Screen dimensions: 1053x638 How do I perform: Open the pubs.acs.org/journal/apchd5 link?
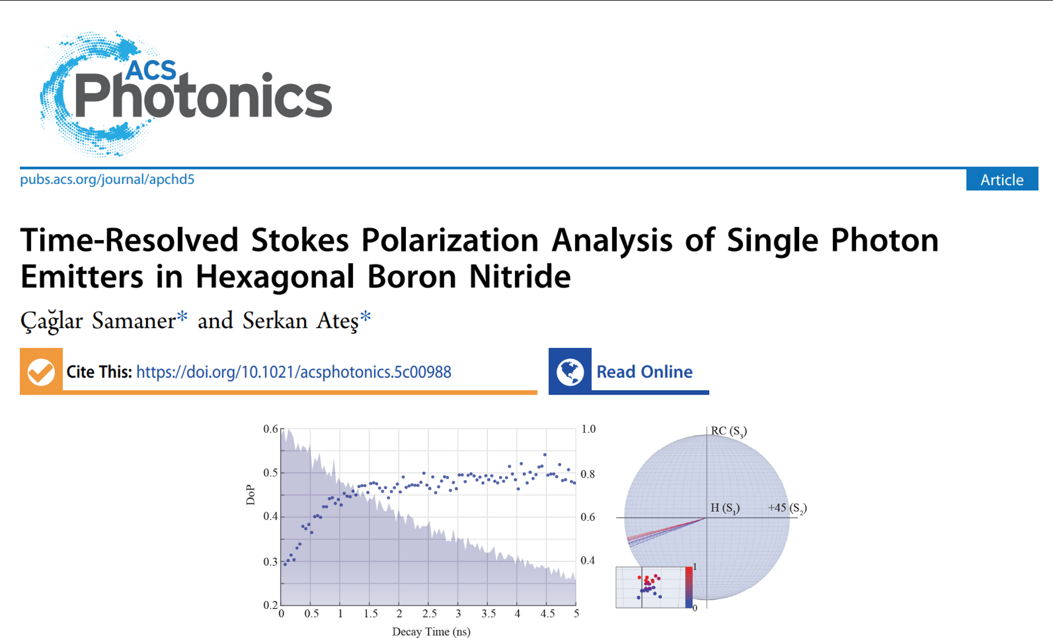(x=107, y=179)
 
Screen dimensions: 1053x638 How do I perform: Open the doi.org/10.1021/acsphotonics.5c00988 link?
(x=294, y=372)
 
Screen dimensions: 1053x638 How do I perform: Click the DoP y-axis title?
(x=250, y=495)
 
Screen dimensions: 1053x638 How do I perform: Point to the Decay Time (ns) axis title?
(x=431, y=632)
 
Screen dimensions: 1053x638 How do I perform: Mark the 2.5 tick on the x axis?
(x=430, y=614)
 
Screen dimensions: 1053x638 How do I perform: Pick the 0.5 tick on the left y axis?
(x=270, y=473)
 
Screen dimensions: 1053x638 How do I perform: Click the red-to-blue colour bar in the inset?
(x=689, y=587)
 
